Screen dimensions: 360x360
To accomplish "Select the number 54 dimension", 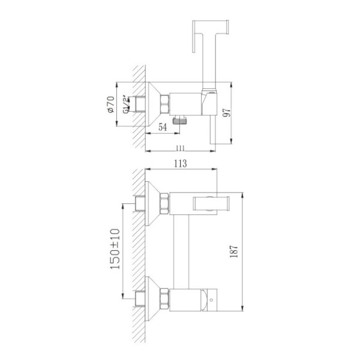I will coord(163,127).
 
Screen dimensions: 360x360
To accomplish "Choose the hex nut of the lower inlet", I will coord(166,297).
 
